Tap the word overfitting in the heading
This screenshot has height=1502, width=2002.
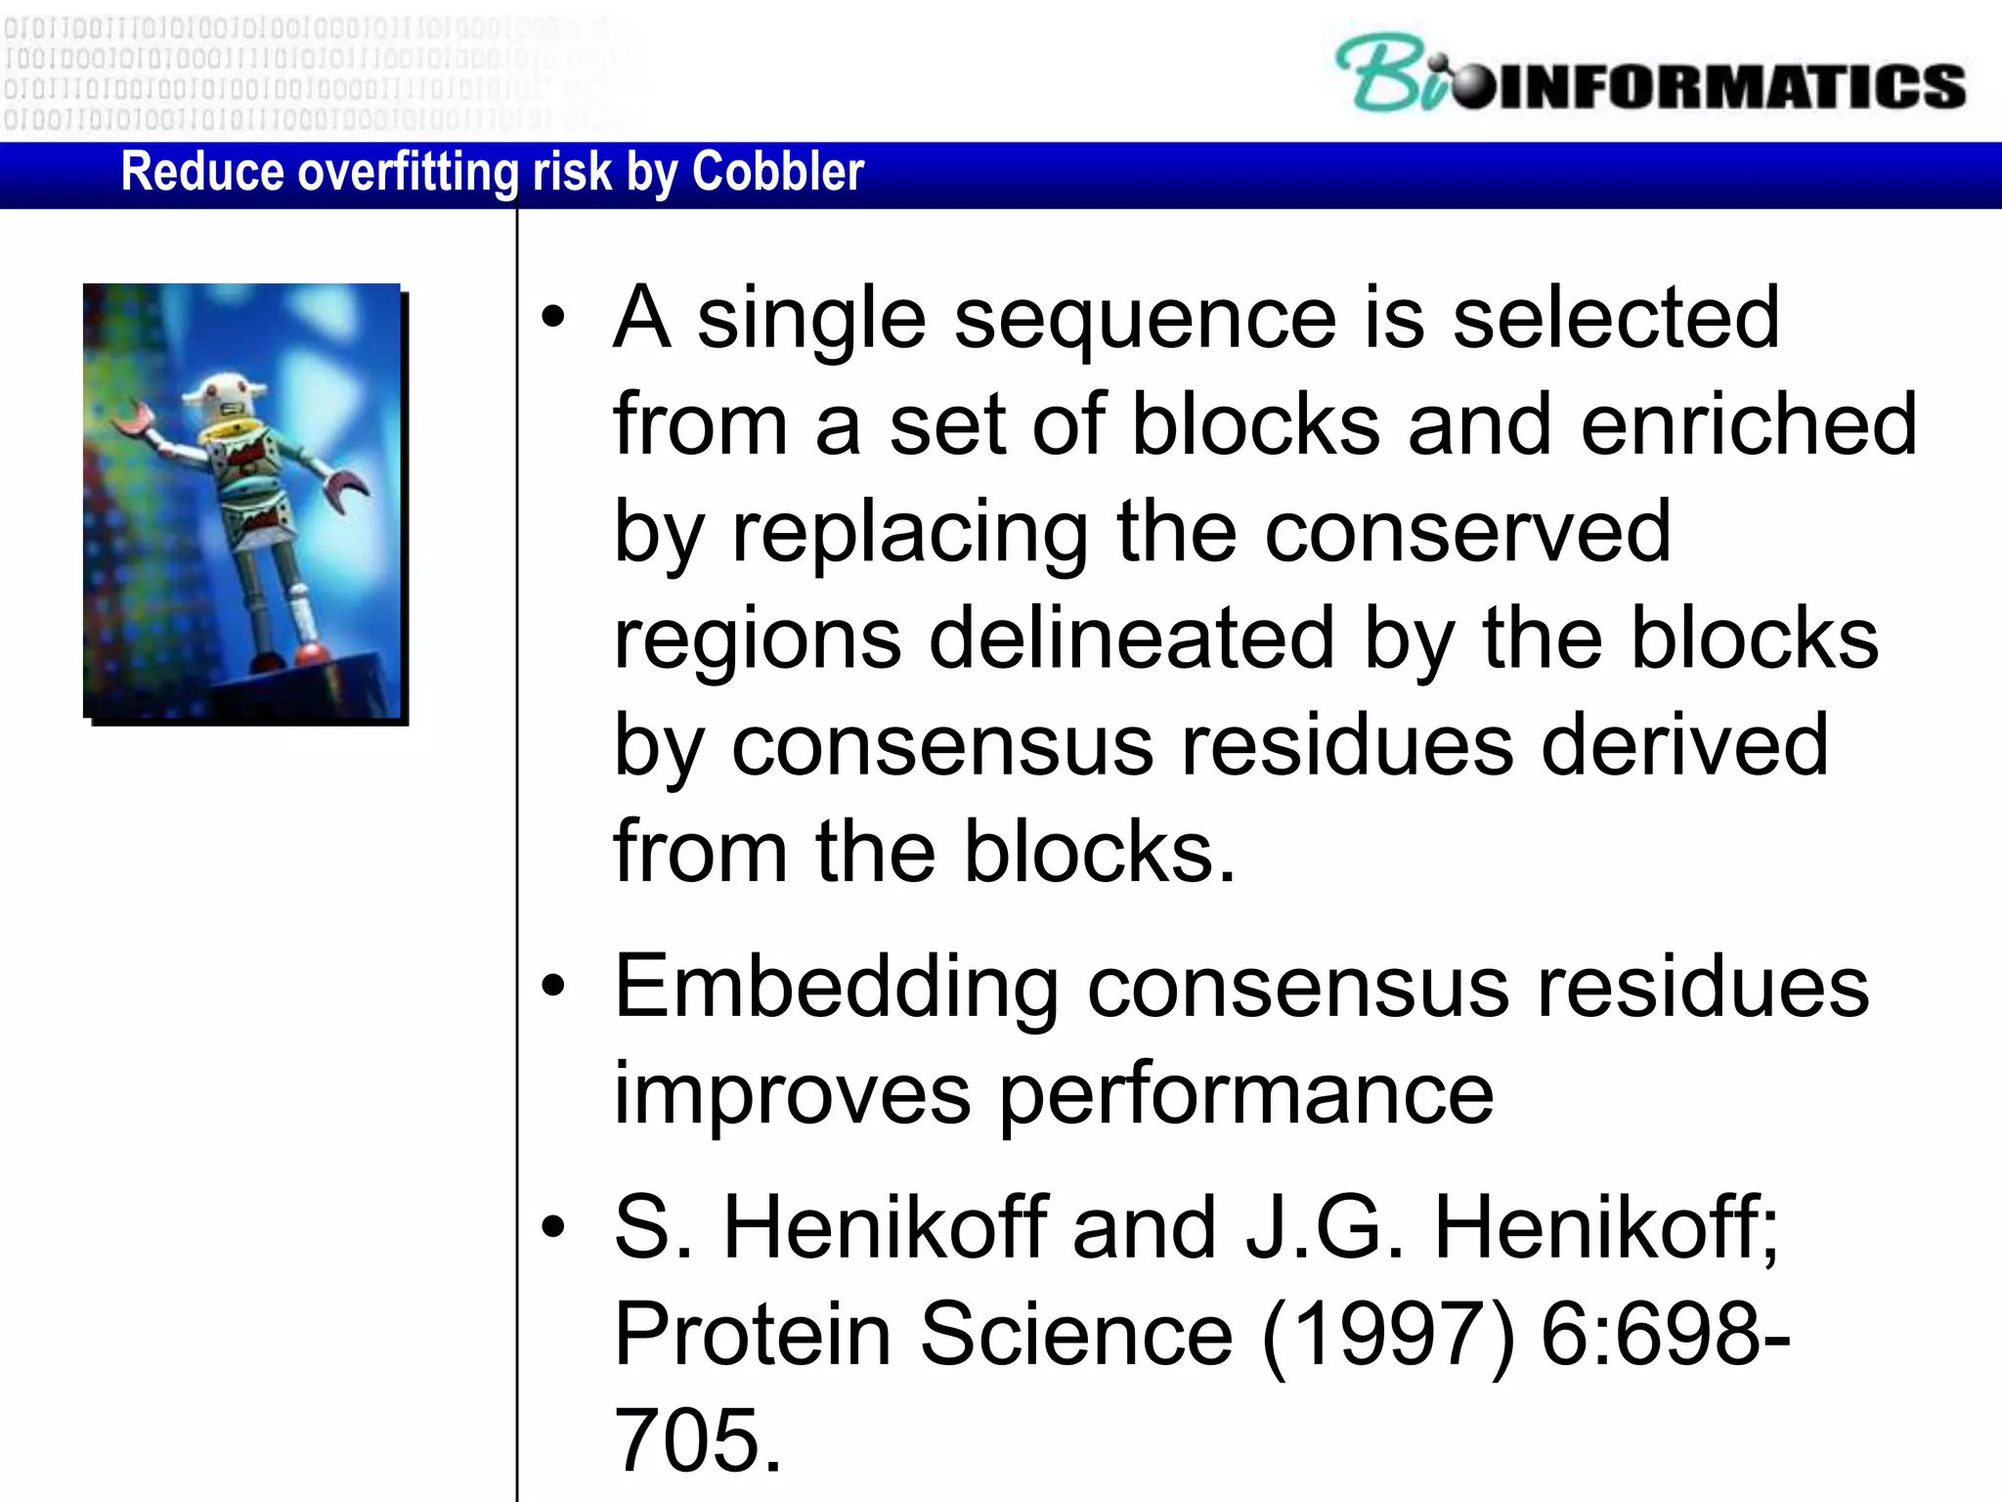pos(408,172)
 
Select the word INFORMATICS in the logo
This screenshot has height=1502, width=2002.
pos(1730,86)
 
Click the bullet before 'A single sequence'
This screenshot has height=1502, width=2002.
pos(553,317)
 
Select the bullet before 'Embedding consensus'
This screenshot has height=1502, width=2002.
pos(553,987)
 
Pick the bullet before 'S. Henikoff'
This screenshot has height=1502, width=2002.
pos(553,1227)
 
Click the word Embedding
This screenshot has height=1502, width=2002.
pos(836,988)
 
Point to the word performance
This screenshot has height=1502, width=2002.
pos(1245,1094)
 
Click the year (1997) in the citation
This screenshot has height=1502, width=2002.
pos(1388,1335)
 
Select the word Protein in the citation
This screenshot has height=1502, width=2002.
pos(752,1335)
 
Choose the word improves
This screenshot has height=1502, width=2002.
pos(792,1094)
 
